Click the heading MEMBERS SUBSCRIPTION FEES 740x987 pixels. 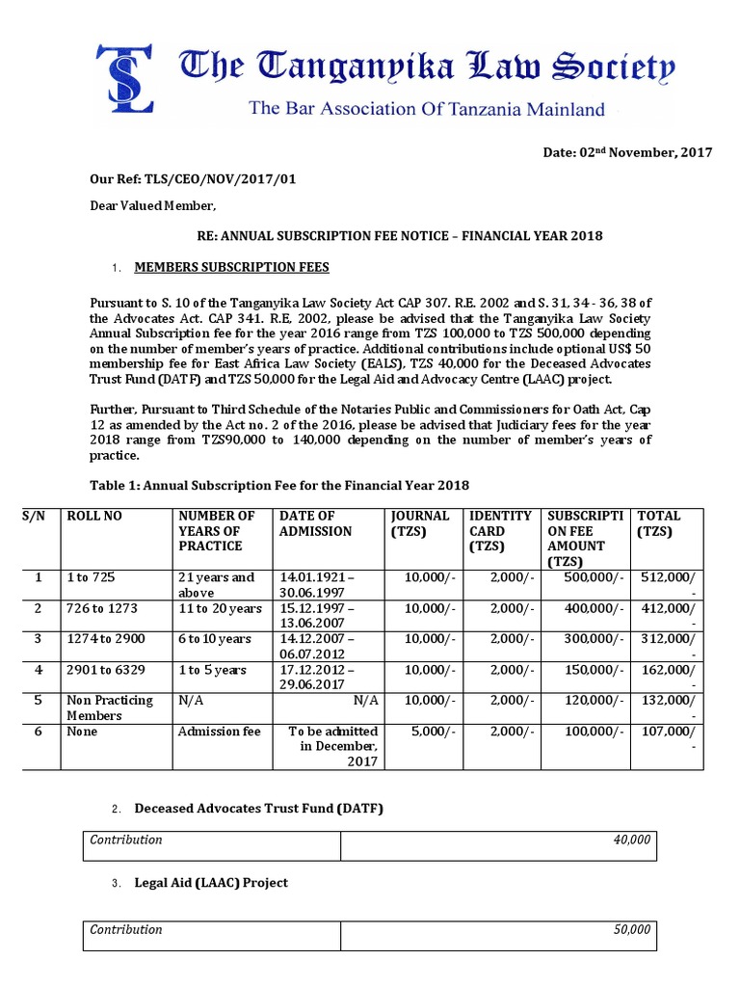pos(231,267)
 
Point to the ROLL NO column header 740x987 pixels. pos(94,516)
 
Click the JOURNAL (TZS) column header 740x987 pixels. pos(419,523)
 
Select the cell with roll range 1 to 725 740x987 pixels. pos(91,577)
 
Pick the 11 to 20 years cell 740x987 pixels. pos(220,608)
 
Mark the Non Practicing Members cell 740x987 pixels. pos(110,707)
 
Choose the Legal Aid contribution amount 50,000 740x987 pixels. pos(631,930)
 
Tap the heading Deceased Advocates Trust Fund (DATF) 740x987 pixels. pos(258,809)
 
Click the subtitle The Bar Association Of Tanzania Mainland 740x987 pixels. pos(427,109)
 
